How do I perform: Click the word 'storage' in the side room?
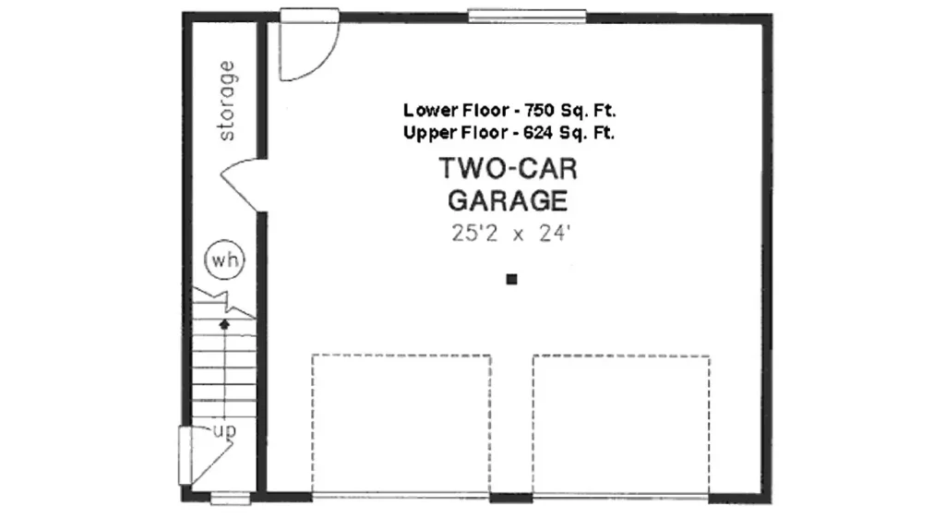pyautogui.click(x=227, y=101)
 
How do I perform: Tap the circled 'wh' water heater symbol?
pyautogui.click(x=225, y=260)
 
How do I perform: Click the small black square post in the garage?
pyautogui.click(x=511, y=279)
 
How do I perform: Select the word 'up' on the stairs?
pyautogui.click(x=225, y=430)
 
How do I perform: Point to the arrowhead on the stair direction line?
pyautogui.click(x=224, y=324)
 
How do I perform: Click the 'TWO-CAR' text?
pyautogui.click(x=508, y=169)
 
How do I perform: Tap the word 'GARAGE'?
pyautogui.click(x=508, y=200)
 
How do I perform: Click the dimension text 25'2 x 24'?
pyautogui.click(x=510, y=234)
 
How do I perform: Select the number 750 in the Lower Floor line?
pyautogui.click(x=539, y=111)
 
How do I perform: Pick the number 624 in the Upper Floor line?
pyautogui.click(x=538, y=132)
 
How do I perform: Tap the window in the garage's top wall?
pyautogui.click(x=527, y=16)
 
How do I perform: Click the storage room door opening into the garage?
pyautogui.click(x=244, y=185)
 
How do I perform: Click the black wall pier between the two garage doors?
pyautogui.click(x=511, y=498)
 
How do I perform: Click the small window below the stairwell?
pyautogui.click(x=230, y=499)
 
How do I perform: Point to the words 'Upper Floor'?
pyautogui.click(x=455, y=132)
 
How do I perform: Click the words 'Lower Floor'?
pyautogui.click(x=455, y=111)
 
